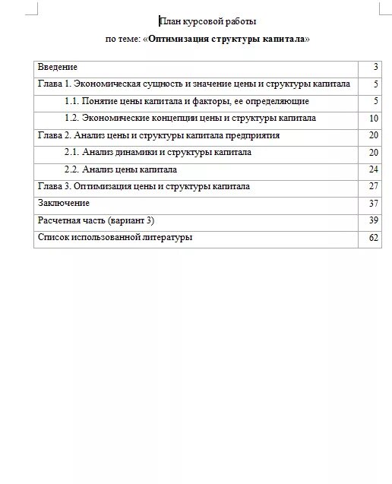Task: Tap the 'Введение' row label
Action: (x=58, y=68)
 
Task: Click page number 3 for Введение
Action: (x=375, y=68)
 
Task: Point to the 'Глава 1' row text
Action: (x=194, y=84)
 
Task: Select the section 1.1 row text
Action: (x=187, y=101)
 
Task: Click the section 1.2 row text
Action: (x=191, y=119)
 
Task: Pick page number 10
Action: (x=373, y=119)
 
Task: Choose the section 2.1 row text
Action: (x=158, y=152)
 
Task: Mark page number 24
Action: (x=373, y=169)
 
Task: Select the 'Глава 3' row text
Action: (x=144, y=186)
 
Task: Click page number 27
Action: (x=373, y=186)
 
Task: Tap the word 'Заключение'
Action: (x=64, y=203)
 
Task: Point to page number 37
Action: (x=373, y=203)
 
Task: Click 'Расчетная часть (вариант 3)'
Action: (x=96, y=220)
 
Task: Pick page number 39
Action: (x=373, y=220)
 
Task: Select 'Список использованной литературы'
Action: (x=115, y=237)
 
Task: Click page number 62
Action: (x=373, y=237)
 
